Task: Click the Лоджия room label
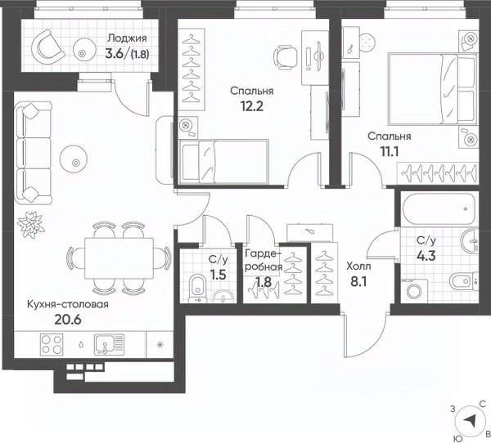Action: pyautogui.click(x=127, y=38)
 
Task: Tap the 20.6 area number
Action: pyautogui.click(x=68, y=320)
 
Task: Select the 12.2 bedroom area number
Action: pyautogui.click(x=252, y=106)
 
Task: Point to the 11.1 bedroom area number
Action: pyautogui.click(x=390, y=152)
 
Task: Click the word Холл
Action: pyautogui.click(x=358, y=266)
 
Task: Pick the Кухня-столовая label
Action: pyautogui.click(x=68, y=304)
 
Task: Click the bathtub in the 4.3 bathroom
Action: pyautogui.click(x=439, y=209)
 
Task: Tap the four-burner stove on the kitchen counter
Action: pyautogui.click(x=52, y=344)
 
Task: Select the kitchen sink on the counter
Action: pyautogui.click(x=109, y=344)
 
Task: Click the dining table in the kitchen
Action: pyautogui.click(x=119, y=258)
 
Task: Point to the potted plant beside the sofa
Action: pyautogui.click(x=31, y=224)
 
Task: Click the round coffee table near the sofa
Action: pyautogui.click(x=74, y=159)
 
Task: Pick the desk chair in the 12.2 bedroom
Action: pyautogui.click(x=285, y=56)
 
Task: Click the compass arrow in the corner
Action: pyautogui.click(x=470, y=420)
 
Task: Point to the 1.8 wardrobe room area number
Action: pyautogui.click(x=264, y=283)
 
